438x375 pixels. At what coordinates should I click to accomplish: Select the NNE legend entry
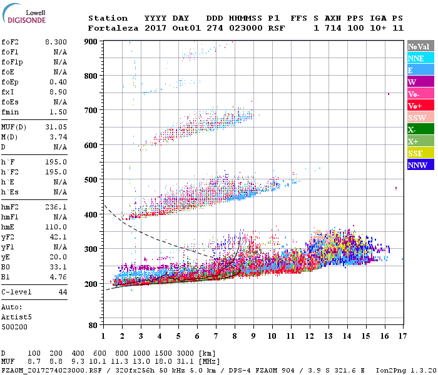[x=419, y=58]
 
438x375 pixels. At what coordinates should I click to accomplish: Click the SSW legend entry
[x=419, y=117]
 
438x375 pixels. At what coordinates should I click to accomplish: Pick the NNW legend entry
[x=419, y=165]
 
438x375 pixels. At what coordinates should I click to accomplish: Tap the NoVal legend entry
[x=419, y=46]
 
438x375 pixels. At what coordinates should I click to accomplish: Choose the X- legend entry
[x=419, y=129]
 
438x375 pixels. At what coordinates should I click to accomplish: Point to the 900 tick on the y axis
[x=92, y=41]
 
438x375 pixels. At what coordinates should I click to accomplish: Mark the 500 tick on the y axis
[x=92, y=180]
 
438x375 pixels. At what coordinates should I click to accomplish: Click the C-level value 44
[x=63, y=292]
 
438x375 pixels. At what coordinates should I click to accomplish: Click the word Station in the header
[x=108, y=18]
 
